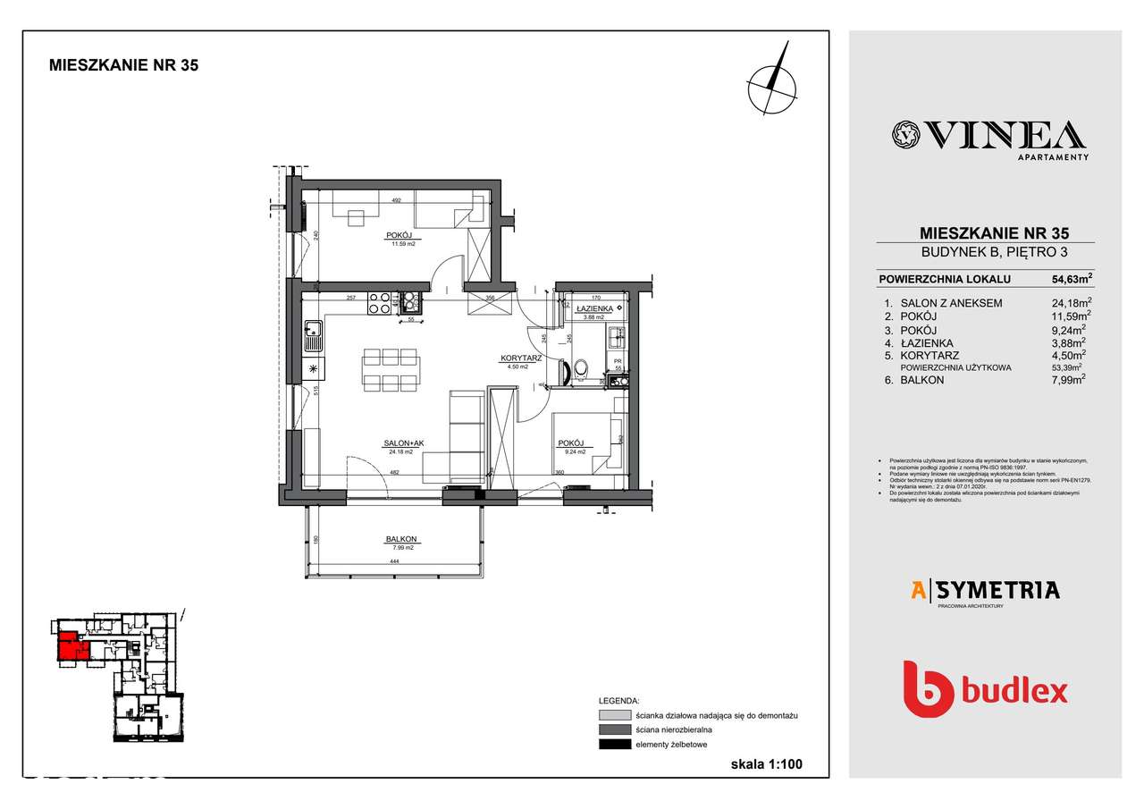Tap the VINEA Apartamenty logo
click(989, 137)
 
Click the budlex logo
click(985, 690)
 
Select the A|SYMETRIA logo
click(985, 590)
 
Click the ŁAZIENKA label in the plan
click(594, 308)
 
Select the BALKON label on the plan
click(401, 539)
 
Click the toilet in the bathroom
click(582, 367)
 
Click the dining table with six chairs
click(391, 370)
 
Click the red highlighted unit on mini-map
click(71, 646)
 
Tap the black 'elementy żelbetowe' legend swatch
click(615, 745)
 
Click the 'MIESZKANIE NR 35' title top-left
click(123, 65)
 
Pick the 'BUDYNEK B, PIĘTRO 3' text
click(985, 252)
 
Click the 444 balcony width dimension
click(394, 561)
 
